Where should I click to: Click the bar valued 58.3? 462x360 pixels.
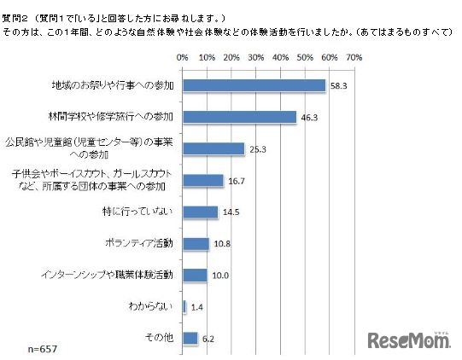[x=254, y=85]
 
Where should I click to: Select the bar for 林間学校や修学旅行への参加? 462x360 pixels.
[x=239, y=117]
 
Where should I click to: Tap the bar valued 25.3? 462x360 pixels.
[x=213, y=148]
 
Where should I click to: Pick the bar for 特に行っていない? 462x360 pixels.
[x=200, y=212]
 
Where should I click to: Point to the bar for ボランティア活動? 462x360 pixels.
[x=196, y=243]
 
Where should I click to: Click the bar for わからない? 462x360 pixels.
[x=184, y=306]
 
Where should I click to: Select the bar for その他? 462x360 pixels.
[x=190, y=338]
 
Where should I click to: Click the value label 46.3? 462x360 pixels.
[x=308, y=117]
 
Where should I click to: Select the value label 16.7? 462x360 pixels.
[x=236, y=180]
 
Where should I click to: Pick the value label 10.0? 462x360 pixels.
[x=219, y=275]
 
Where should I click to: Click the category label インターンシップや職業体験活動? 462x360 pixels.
[x=107, y=275]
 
